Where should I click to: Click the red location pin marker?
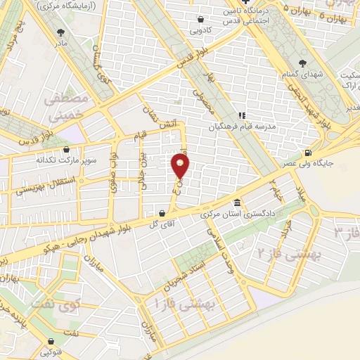[x=181, y=167]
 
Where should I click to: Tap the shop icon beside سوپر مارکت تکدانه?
[x=67, y=149]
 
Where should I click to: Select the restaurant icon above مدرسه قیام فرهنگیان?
[x=240, y=115]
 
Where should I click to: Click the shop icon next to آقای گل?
[x=162, y=213]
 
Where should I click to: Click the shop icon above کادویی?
[x=202, y=20]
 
